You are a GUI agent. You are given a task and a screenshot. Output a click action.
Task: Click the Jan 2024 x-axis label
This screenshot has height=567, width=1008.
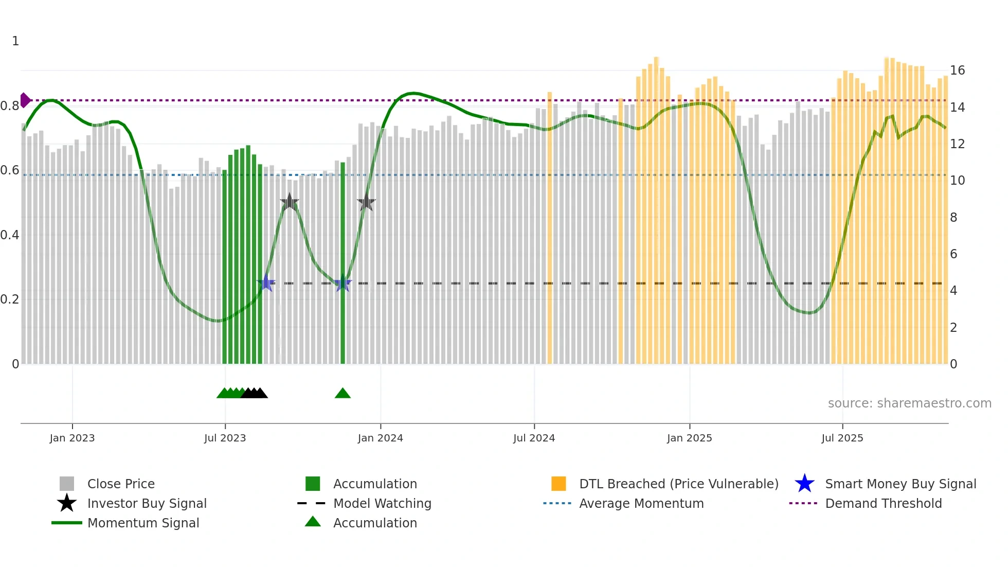[x=380, y=438]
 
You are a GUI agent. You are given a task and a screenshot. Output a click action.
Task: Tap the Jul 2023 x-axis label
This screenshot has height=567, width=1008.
[x=225, y=438]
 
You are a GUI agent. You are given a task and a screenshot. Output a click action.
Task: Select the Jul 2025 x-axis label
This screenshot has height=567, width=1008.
[x=842, y=438]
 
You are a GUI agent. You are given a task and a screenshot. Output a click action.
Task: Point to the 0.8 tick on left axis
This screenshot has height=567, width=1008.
[x=10, y=106]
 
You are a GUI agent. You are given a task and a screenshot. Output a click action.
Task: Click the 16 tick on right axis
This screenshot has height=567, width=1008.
[x=957, y=70]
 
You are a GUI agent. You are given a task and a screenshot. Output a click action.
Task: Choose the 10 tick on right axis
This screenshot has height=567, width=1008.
[x=957, y=181]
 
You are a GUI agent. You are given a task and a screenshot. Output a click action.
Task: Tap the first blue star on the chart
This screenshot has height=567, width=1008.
[x=266, y=283]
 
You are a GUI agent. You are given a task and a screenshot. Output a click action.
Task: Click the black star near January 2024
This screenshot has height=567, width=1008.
[x=366, y=203]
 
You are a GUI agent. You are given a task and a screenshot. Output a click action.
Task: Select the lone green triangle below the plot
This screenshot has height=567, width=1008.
[x=343, y=394]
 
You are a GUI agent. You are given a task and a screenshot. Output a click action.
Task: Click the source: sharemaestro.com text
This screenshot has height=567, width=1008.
[x=909, y=403]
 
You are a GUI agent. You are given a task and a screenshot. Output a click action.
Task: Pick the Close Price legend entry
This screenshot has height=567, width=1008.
[x=120, y=484]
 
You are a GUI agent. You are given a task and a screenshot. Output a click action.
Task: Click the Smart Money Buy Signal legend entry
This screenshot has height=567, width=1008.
[x=900, y=484]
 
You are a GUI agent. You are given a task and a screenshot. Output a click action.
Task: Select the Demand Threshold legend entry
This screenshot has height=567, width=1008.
[x=883, y=503]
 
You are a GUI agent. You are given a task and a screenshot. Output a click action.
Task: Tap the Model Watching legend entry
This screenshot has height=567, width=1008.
[x=382, y=503]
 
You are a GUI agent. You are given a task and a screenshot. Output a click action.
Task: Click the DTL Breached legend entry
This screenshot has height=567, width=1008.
[x=678, y=484]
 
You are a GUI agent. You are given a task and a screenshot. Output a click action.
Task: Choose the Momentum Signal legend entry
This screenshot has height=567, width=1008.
[x=143, y=523]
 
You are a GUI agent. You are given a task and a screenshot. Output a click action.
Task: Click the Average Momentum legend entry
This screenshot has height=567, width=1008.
[x=641, y=503]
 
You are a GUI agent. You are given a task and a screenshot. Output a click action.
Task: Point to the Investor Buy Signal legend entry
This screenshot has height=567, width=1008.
[x=147, y=503]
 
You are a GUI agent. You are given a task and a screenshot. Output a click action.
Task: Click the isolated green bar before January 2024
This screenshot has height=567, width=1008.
[x=343, y=262]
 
